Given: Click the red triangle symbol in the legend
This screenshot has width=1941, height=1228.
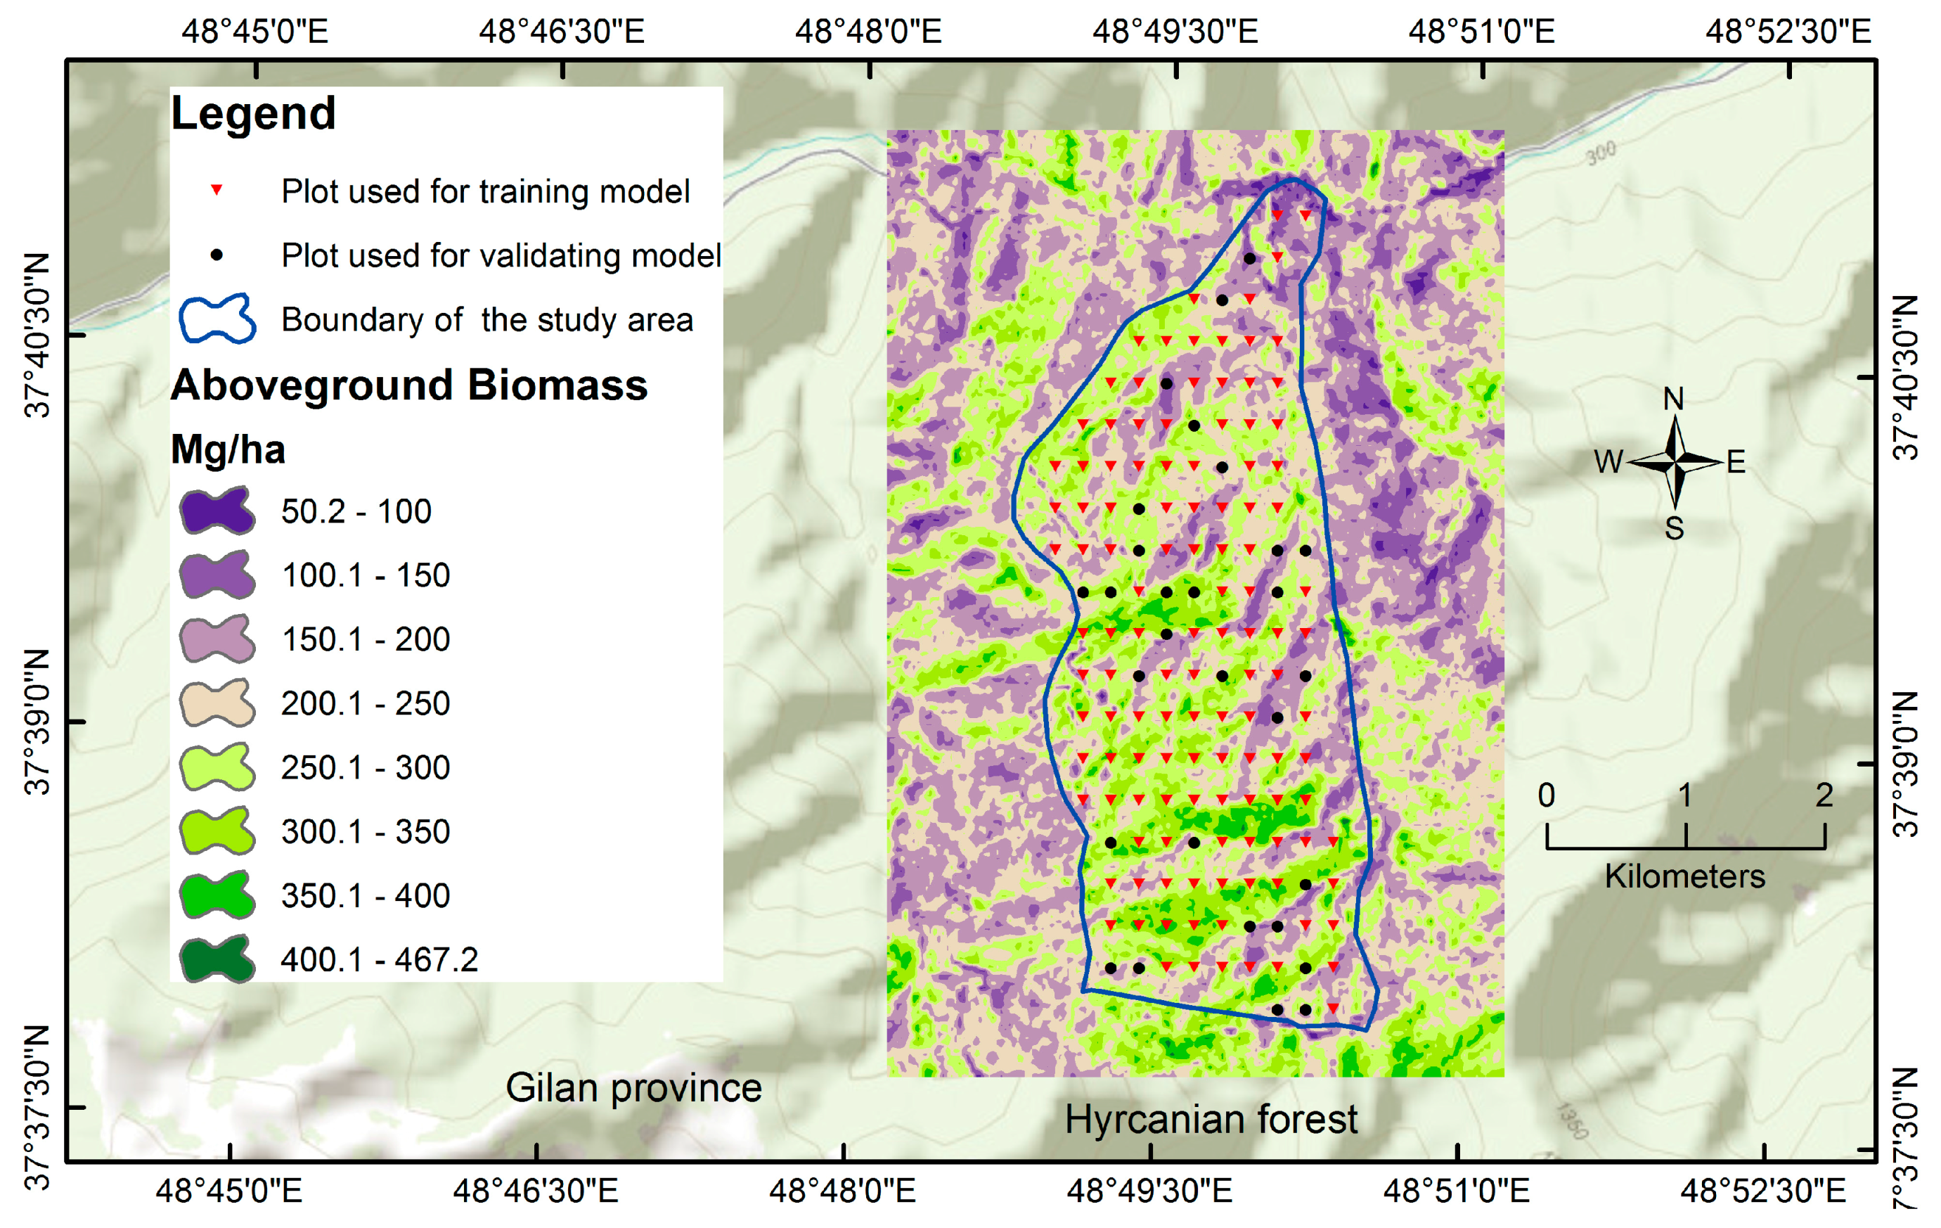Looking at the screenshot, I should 216,191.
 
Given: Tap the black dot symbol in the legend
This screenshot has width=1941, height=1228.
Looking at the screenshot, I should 216,255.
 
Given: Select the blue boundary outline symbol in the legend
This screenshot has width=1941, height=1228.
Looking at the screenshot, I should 217,319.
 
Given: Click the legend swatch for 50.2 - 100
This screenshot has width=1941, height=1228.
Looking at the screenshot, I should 217,511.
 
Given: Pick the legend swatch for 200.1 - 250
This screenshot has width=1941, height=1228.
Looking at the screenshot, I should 217,703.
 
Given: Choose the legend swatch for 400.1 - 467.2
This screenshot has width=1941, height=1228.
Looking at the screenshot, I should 217,959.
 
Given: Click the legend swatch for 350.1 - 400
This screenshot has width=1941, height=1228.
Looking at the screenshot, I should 217,895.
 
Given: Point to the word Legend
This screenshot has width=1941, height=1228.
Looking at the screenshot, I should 253,113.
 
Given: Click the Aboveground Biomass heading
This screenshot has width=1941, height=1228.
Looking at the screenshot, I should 408,385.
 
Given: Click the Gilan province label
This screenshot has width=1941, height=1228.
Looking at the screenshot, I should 633,1088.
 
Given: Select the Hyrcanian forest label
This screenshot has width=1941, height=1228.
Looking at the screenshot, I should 1211,1119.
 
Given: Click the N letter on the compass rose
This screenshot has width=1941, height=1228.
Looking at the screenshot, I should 1673,399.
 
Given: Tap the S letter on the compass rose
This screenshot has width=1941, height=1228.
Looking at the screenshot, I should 1674,529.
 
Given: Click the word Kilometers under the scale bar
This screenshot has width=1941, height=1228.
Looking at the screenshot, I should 1684,876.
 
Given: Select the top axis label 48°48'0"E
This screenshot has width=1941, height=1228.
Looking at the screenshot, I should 868,32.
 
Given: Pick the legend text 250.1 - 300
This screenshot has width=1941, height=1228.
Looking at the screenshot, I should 365,767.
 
